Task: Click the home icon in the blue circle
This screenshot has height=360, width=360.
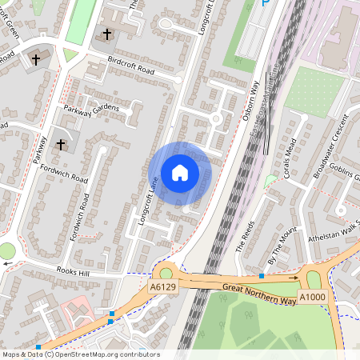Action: click(x=180, y=172)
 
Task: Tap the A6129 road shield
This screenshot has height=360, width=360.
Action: click(x=163, y=286)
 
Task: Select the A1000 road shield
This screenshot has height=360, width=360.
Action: click(x=312, y=298)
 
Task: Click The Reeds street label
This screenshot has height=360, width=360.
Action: click(x=243, y=237)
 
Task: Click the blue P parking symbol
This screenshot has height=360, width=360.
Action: click(x=266, y=4)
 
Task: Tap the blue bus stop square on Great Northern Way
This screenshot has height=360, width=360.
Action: click(x=262, y=277)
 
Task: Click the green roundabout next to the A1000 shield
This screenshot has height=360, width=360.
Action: click(x=312, y=280)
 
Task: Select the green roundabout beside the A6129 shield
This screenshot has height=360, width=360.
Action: click(x=166, y=272)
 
